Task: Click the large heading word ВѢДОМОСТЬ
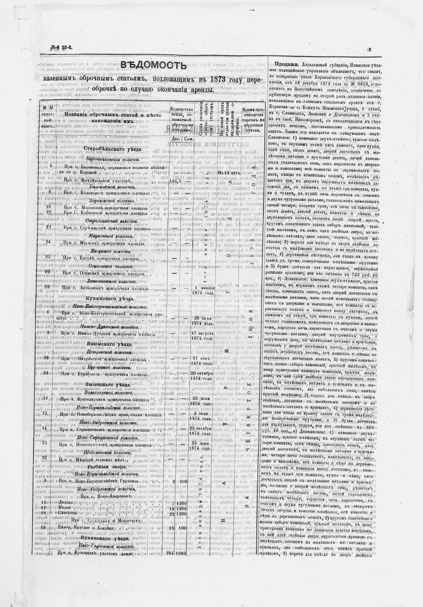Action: click(153, 65)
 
